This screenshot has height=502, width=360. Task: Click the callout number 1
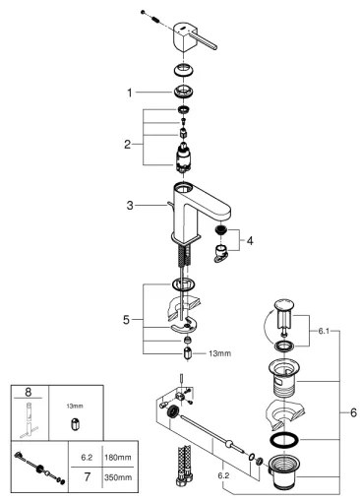[129, 93]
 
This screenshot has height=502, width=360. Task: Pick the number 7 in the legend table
[85, 481]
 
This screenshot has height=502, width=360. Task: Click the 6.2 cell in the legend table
[85, 458]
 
